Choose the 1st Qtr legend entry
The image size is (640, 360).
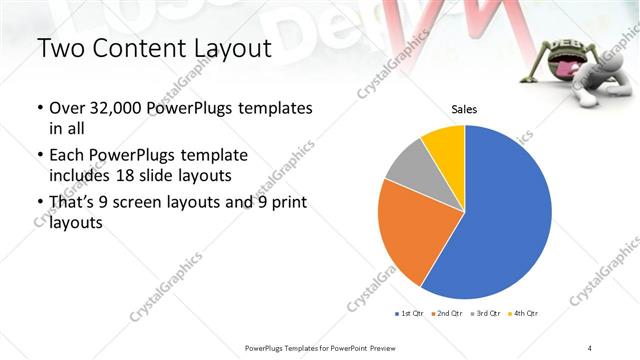[x=410, y=314]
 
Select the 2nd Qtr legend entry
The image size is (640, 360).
[x=448, y=314]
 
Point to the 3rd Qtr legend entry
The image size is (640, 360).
[x=487, y=314]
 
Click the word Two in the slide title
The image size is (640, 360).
[x=60, y=49]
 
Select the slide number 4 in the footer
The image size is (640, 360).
[x=590, y=347]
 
